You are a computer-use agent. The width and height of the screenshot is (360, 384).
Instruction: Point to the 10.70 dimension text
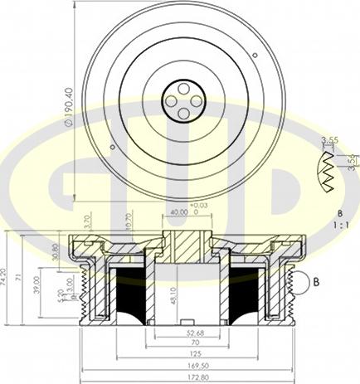click(x=129, y=220)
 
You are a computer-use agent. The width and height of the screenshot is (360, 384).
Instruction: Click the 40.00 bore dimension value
click(x=178, y=211)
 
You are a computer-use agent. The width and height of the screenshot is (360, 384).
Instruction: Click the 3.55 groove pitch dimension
click(x=333, y=140)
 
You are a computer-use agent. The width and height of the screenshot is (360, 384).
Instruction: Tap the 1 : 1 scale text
click(x=341, y=224)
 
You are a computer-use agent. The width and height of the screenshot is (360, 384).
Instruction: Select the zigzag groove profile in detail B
click(x=328, y=172)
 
